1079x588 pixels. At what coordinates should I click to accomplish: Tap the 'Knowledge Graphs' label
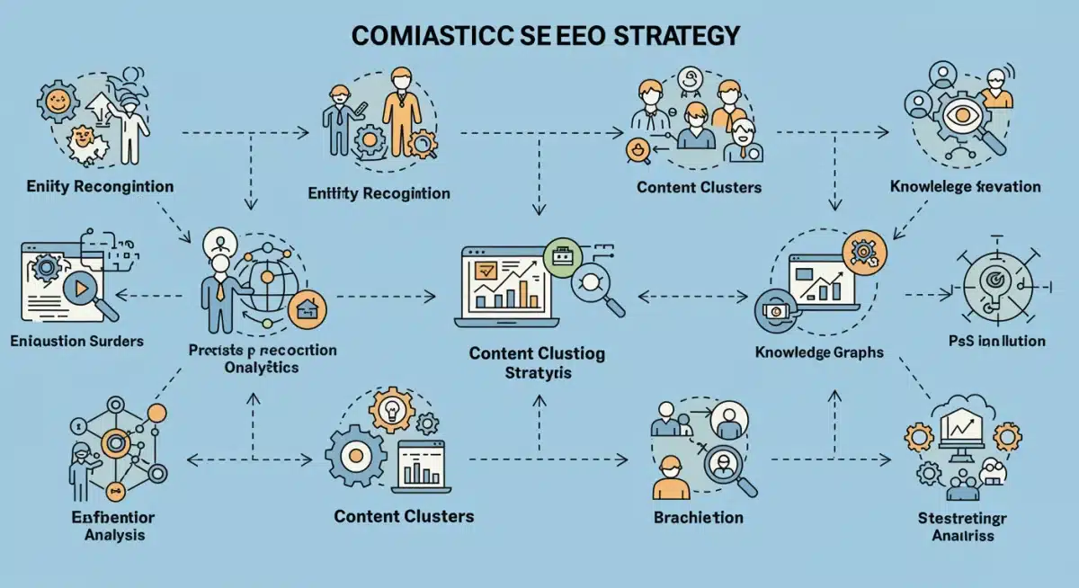tap(818, 353)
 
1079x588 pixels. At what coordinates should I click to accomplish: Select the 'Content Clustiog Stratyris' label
tap(537, 362)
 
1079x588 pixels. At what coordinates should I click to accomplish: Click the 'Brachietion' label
tap(698, 517)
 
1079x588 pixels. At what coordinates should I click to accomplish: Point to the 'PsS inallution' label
tap(996, 341)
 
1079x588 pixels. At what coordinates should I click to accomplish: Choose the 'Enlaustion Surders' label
tap(76, 342)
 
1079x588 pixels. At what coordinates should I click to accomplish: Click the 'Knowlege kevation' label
tap(965, 187)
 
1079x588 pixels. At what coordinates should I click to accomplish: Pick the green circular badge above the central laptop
tap(564, 256)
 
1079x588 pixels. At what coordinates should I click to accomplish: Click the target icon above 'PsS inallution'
tap(992, 281)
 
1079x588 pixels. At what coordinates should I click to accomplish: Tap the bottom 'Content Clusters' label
tap(404, 516)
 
